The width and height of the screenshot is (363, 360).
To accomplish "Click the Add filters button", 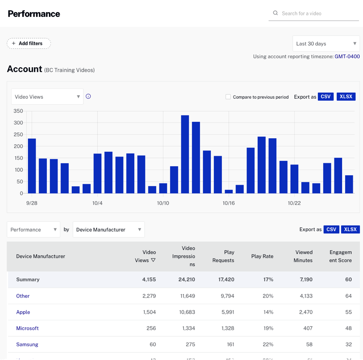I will [29, 44].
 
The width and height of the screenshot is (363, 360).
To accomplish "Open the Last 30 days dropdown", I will [326, 44].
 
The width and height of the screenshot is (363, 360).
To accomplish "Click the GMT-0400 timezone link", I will [347, 56].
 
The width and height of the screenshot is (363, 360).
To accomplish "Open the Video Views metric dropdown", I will [47, 97].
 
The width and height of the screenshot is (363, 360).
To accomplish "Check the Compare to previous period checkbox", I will [228, 97].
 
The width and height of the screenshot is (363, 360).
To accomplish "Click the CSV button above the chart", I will [325, 97].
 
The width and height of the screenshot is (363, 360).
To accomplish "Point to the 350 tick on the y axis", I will [18, 111].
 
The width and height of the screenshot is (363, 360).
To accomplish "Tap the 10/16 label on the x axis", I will [229, 203].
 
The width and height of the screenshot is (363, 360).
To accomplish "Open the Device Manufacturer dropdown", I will [108, 229].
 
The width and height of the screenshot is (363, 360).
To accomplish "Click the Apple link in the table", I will [23, 312].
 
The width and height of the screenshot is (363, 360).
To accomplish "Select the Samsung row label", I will [27, 344].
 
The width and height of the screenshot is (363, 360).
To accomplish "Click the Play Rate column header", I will [262, 256].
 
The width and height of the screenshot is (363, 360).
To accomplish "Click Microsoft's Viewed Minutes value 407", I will [308, 328].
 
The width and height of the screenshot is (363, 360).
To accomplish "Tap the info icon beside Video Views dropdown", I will [88, 96].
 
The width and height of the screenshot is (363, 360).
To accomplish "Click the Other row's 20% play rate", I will [268, 296].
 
